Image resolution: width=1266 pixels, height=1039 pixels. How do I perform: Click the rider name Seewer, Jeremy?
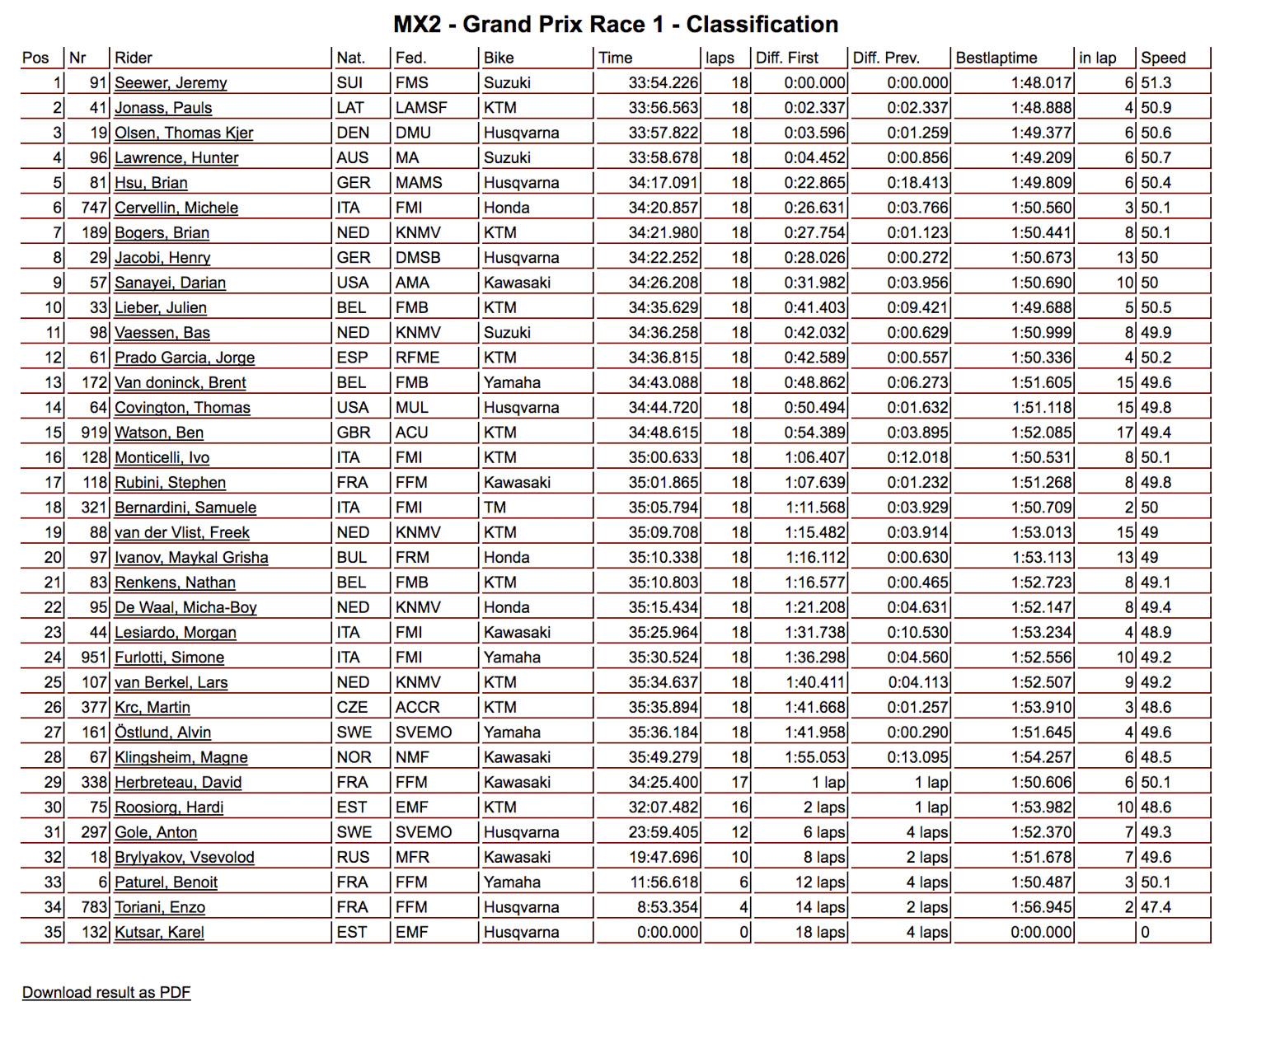point(171,82)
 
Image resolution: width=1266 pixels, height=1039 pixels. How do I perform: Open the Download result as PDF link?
point(106,992)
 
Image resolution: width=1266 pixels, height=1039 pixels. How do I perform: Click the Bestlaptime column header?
point(996,58)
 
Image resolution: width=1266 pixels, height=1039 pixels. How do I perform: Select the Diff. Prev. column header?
point(886,58)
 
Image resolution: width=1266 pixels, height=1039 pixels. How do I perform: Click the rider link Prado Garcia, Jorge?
point(185,358)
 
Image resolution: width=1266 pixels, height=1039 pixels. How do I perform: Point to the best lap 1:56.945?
point(1042,907)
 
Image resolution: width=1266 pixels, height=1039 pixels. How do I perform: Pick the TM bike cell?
point(495,508)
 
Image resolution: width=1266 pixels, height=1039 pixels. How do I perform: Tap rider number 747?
point(94,208)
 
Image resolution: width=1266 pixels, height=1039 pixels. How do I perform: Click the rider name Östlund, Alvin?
point(162,732)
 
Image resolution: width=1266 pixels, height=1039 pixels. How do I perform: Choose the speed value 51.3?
point(1156,82)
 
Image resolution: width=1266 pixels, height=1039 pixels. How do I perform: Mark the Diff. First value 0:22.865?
point(814,183)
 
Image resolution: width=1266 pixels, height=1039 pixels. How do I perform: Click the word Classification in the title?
point(762,25)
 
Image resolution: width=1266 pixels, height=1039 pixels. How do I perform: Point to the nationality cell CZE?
point(352,707)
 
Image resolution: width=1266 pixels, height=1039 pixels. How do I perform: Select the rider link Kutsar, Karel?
point(159,932)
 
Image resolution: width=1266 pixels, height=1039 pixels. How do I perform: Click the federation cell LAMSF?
point(420,108)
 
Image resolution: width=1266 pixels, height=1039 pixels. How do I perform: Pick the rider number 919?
point(94,433)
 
